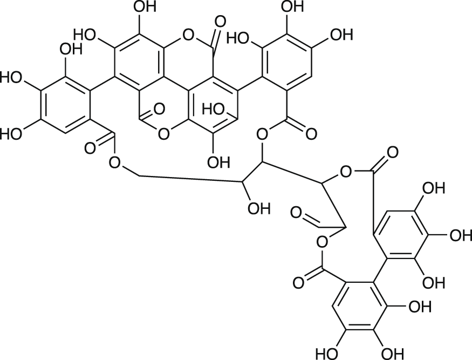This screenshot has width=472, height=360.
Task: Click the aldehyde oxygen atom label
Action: point(296,212)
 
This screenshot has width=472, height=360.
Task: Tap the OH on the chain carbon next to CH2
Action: point(258,208)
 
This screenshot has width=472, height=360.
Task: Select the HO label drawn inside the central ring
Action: point(214,109)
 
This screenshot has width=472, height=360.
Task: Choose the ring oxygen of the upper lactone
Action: point(187,37)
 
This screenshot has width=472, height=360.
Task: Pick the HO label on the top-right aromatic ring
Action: point(238,37)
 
